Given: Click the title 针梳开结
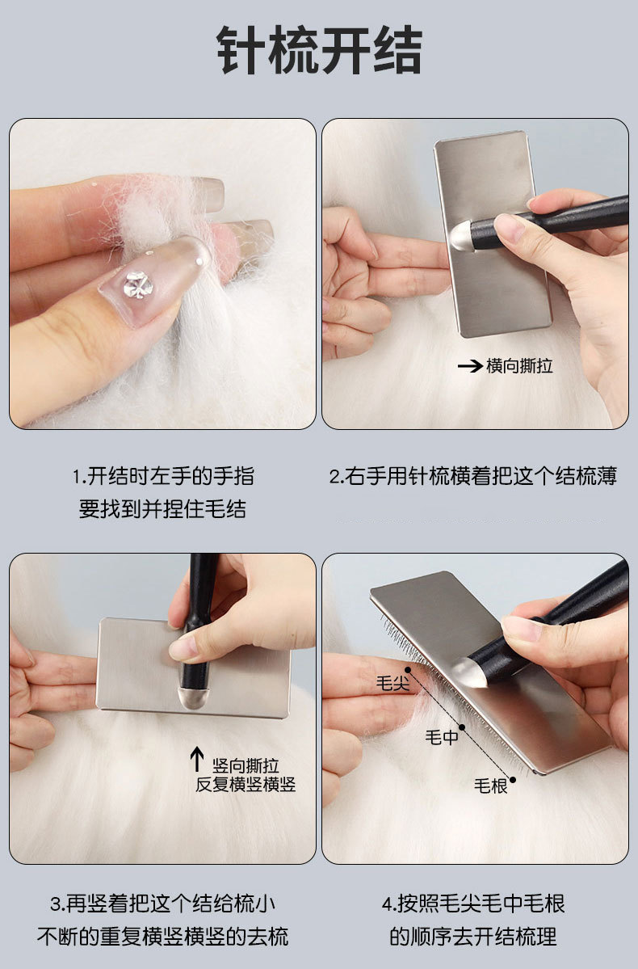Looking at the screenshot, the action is pyautogui.click(x=319, y=50).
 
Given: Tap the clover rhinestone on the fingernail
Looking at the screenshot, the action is pyautogui.click(x=137, y=284).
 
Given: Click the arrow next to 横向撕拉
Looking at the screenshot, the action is pyautogui.click(x=470, y=366).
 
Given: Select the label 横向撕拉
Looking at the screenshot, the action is pyautogui.click(x=519, y=366).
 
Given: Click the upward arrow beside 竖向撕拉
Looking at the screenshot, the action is pyautogui.click(x=197, y=759).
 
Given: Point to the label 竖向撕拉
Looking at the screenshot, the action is pyautogui.click(x=246, y=765).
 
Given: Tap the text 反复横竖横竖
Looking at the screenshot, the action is pyautogui.click(x=246, y=785).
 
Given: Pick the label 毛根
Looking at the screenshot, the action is pyautogui.click(x=490, y=786).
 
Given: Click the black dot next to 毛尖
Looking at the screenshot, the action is pyautogui.click(x=409, y=669).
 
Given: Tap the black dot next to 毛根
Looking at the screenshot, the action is pyautogui.click(x=513, y=780).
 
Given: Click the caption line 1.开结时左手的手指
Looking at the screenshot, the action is pyautogui.click(x=163, y=477).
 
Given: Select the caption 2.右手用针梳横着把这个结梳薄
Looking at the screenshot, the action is pyautogui.click(x=473, y=477).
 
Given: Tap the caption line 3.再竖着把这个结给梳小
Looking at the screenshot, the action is pyautogui.click(x=163, y=904).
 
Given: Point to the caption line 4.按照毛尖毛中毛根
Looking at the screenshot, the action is pyautogui.click(x=473, y=904).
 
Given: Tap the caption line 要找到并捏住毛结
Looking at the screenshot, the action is pyautogui.click(x=163, y=509).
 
